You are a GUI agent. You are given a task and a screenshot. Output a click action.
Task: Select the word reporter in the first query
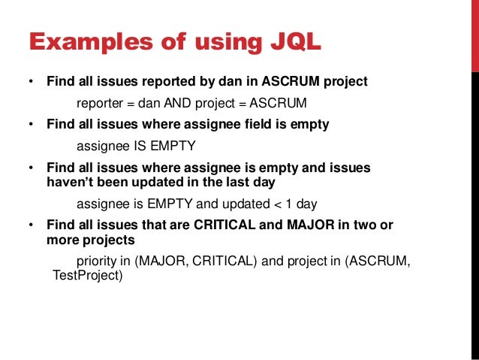point(99,102)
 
